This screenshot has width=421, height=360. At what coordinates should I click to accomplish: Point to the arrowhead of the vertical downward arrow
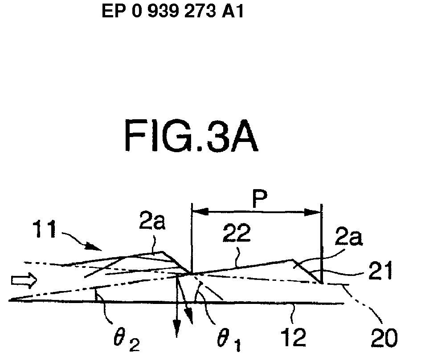[177, 332]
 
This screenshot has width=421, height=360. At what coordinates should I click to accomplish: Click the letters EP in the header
[111, 11]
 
